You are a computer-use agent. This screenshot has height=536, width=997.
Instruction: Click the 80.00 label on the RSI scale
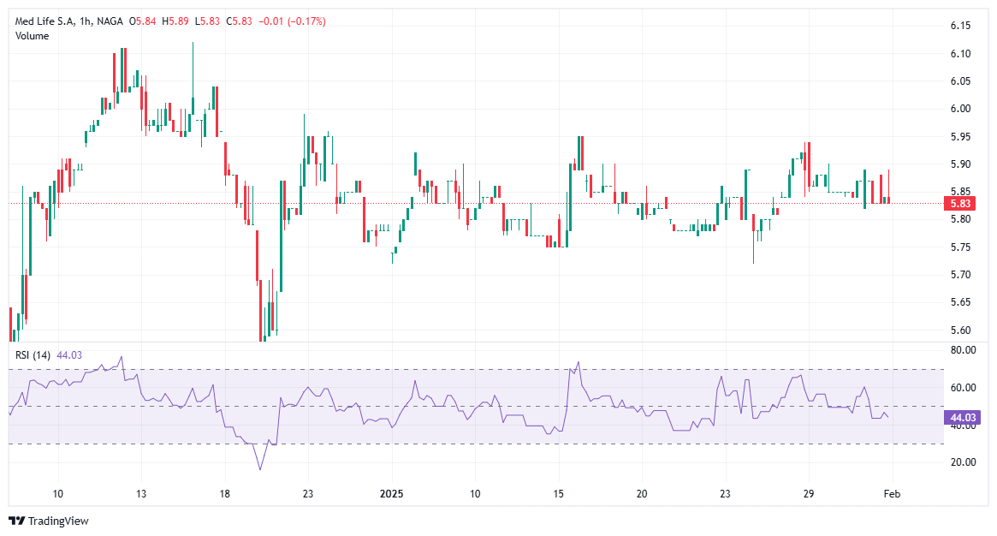[x=962, y=350]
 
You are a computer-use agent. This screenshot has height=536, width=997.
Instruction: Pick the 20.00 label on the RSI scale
[x=962, y=462]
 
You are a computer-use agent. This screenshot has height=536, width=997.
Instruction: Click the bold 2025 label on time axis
[x=391, y=494]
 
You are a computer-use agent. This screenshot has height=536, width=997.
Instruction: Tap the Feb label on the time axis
[x=891, y=494]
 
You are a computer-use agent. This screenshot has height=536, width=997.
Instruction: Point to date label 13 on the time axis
[x=141, y=494]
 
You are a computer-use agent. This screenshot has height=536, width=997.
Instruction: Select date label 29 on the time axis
[x=808, y=494]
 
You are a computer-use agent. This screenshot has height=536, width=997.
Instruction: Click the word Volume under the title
[x=33, y=36]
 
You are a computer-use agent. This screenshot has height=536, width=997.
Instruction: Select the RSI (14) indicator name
[x=33, y=354]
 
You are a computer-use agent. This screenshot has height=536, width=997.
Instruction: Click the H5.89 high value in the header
[x=176, y=21]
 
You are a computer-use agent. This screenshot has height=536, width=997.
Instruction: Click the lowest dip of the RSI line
[x=260, y=469]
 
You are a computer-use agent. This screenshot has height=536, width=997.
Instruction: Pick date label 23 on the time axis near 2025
[x=309, y=494]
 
